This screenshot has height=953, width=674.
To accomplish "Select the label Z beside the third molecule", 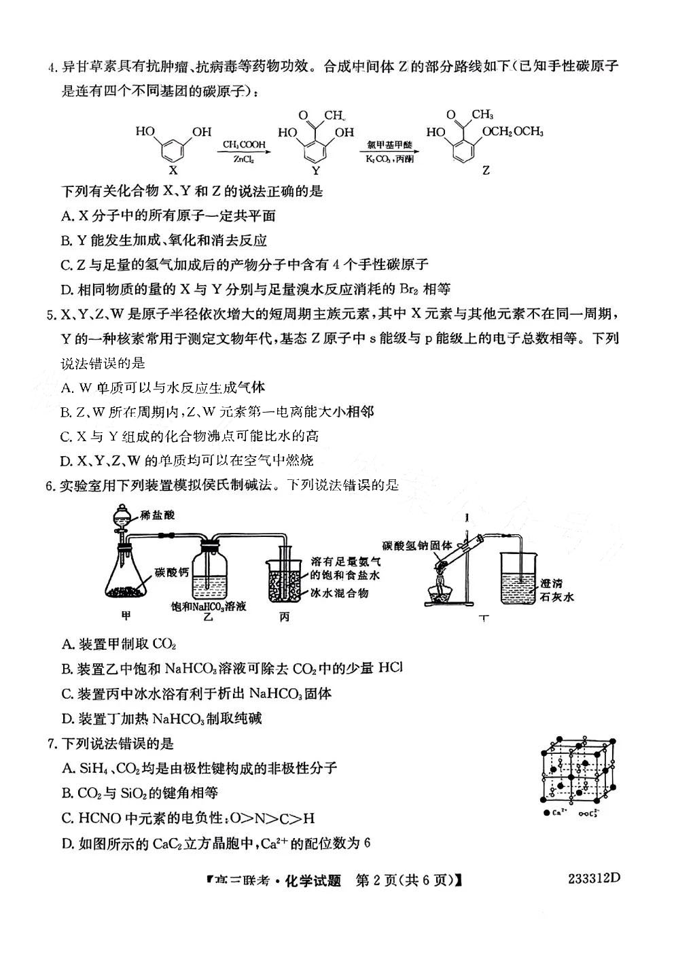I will point(485,171).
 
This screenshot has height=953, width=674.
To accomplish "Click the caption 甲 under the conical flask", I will point(125,615).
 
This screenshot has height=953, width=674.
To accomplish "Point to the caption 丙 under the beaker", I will point(283,617).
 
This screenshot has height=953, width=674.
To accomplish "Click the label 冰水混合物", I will point(340,593).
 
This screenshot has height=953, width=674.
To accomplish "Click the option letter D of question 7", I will point(67,844).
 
